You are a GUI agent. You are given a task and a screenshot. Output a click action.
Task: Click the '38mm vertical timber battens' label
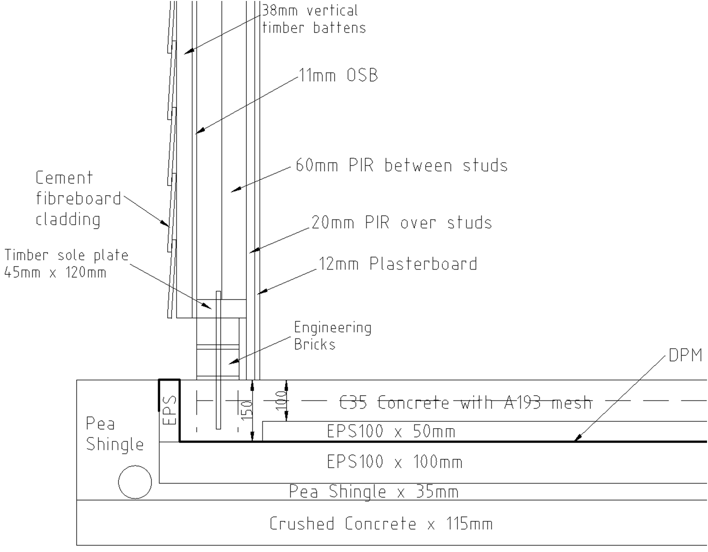point(314,19)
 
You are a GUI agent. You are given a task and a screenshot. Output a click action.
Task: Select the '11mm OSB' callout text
point(338,75)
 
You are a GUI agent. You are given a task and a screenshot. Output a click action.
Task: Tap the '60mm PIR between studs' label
point(402,165)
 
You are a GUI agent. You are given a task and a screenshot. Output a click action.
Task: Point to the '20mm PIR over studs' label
point(402,222)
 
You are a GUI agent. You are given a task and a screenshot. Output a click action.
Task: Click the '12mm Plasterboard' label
point(398,264)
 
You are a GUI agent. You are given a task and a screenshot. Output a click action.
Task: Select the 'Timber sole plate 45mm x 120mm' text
point(66,264)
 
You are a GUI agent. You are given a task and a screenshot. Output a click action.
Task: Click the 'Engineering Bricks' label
point(333,335)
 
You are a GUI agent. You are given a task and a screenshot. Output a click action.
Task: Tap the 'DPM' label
point(685,355)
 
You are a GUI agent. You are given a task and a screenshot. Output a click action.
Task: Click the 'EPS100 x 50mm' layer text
point(391,431)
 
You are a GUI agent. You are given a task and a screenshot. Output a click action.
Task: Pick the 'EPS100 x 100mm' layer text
point(395,462)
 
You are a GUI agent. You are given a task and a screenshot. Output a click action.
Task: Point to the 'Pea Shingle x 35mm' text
point(374,491)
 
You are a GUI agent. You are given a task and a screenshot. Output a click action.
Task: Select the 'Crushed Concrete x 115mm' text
point(381,524)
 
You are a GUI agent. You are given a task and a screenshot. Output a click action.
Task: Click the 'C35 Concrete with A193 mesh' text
point(466,402)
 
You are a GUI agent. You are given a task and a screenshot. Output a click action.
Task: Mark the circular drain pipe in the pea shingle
point(135,482)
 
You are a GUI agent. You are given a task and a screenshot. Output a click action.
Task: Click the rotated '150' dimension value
point(248,410)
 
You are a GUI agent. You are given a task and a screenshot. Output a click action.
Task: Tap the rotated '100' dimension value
point(282,401)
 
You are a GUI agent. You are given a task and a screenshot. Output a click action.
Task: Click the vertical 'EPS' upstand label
point(169,410)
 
